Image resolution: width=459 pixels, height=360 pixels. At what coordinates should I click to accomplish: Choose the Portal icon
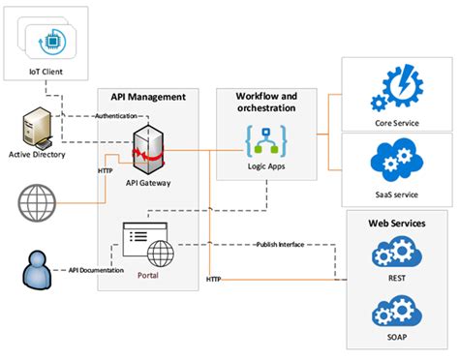click(145, 241)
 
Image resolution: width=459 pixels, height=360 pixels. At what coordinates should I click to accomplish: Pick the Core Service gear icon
click(399, 87)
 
